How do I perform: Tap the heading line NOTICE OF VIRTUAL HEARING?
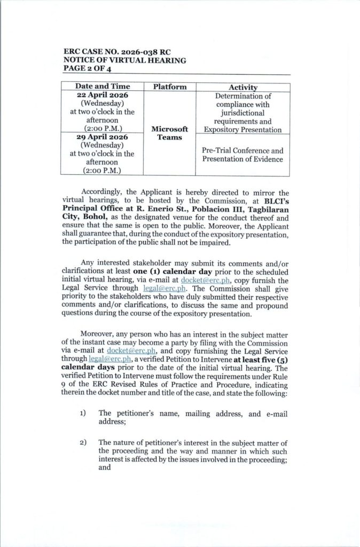point(124,60)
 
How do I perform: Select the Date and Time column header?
point(103,87)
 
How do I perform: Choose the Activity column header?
point(243,87)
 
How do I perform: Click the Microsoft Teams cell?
point(170,133)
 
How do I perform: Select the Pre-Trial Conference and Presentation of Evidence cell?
point(243,154)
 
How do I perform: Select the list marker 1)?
point(84,413)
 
